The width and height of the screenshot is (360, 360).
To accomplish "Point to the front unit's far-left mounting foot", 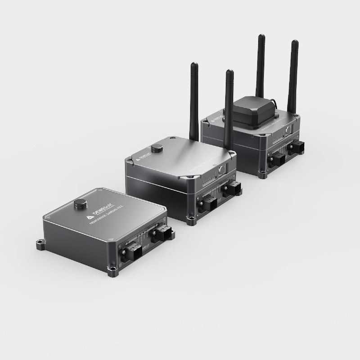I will pos(40,245).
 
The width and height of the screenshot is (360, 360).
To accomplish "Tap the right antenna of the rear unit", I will pos(293,74).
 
